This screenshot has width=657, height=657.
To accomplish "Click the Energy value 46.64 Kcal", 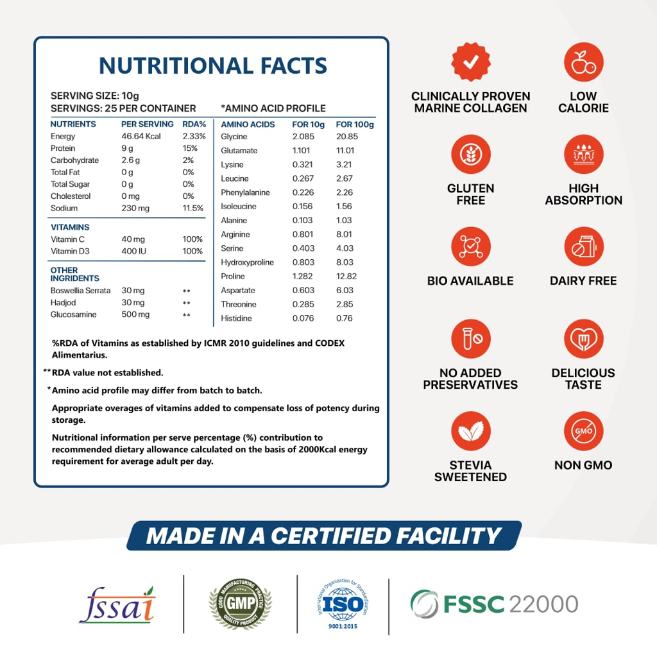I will [141, 137].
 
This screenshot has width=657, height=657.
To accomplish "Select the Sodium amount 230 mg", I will [135, 209].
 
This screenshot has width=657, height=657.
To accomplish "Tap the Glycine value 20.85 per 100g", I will [347, 137].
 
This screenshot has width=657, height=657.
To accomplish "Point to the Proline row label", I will [233, 277].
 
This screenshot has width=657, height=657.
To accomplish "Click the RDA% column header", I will [194, 124].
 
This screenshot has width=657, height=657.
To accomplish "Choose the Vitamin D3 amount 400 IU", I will [134, 252].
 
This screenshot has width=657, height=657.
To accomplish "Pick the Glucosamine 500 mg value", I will [135, 315].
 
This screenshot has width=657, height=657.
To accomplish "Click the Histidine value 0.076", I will [303, 318].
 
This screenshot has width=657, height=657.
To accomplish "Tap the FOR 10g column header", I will [309, 124].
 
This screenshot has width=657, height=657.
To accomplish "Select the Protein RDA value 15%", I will [190, 148].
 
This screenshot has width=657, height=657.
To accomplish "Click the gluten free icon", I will [471, 155].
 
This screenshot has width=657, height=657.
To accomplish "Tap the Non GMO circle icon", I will [583, 431].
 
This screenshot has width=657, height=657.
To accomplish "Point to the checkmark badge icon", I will [471, 62].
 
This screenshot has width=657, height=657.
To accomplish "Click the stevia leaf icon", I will [471, 431].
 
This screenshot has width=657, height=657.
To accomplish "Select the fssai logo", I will [117, 604].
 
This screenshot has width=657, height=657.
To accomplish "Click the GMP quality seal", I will [241, 604].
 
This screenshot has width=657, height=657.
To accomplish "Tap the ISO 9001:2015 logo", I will [343, 604].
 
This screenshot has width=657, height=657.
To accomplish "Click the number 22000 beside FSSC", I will [543, 604].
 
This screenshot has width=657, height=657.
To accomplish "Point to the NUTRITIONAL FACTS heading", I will [213, 65].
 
